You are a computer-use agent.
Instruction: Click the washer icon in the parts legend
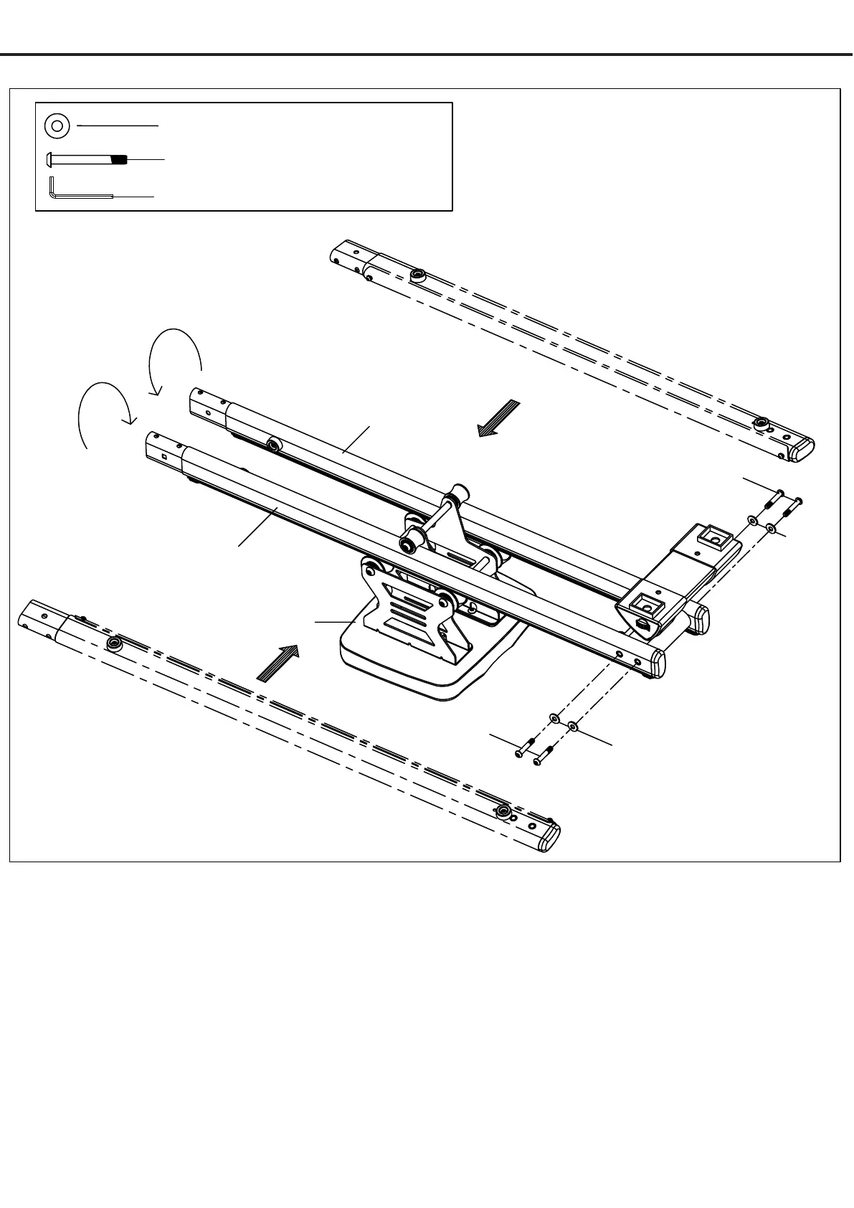click(x=57, y=126)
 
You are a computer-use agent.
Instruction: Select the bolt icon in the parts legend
click(x=87, y=159)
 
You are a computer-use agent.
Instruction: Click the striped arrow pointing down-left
click(x=498, y=418)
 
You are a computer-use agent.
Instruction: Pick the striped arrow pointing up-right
click(x=277, y=663)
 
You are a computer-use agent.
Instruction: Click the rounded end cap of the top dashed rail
click(x=804, y=450)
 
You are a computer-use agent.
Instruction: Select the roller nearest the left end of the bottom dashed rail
click(x=113, y=643)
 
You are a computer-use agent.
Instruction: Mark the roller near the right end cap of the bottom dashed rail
click(x=505, y=812)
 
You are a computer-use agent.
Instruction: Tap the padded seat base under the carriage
click(x=402, y=667)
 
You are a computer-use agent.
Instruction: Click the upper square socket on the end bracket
click(x=713, y=535)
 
